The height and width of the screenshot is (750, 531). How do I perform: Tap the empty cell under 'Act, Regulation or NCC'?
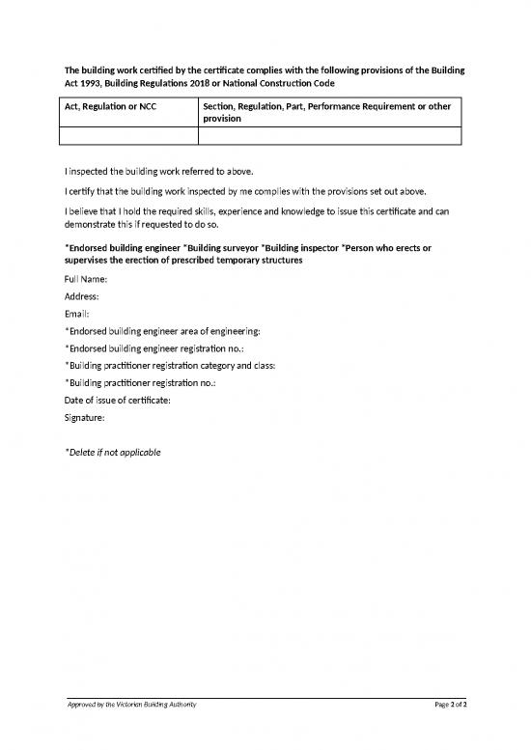point(131,136)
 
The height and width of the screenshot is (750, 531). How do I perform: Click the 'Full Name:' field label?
point(86,279)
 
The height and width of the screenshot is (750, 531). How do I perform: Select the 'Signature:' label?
point(85,417)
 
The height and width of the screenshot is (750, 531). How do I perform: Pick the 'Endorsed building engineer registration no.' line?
point(154,348)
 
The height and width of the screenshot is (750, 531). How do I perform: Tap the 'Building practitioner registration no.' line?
point(140,383)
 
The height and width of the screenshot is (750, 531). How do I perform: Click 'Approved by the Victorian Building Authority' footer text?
point(131,706)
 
